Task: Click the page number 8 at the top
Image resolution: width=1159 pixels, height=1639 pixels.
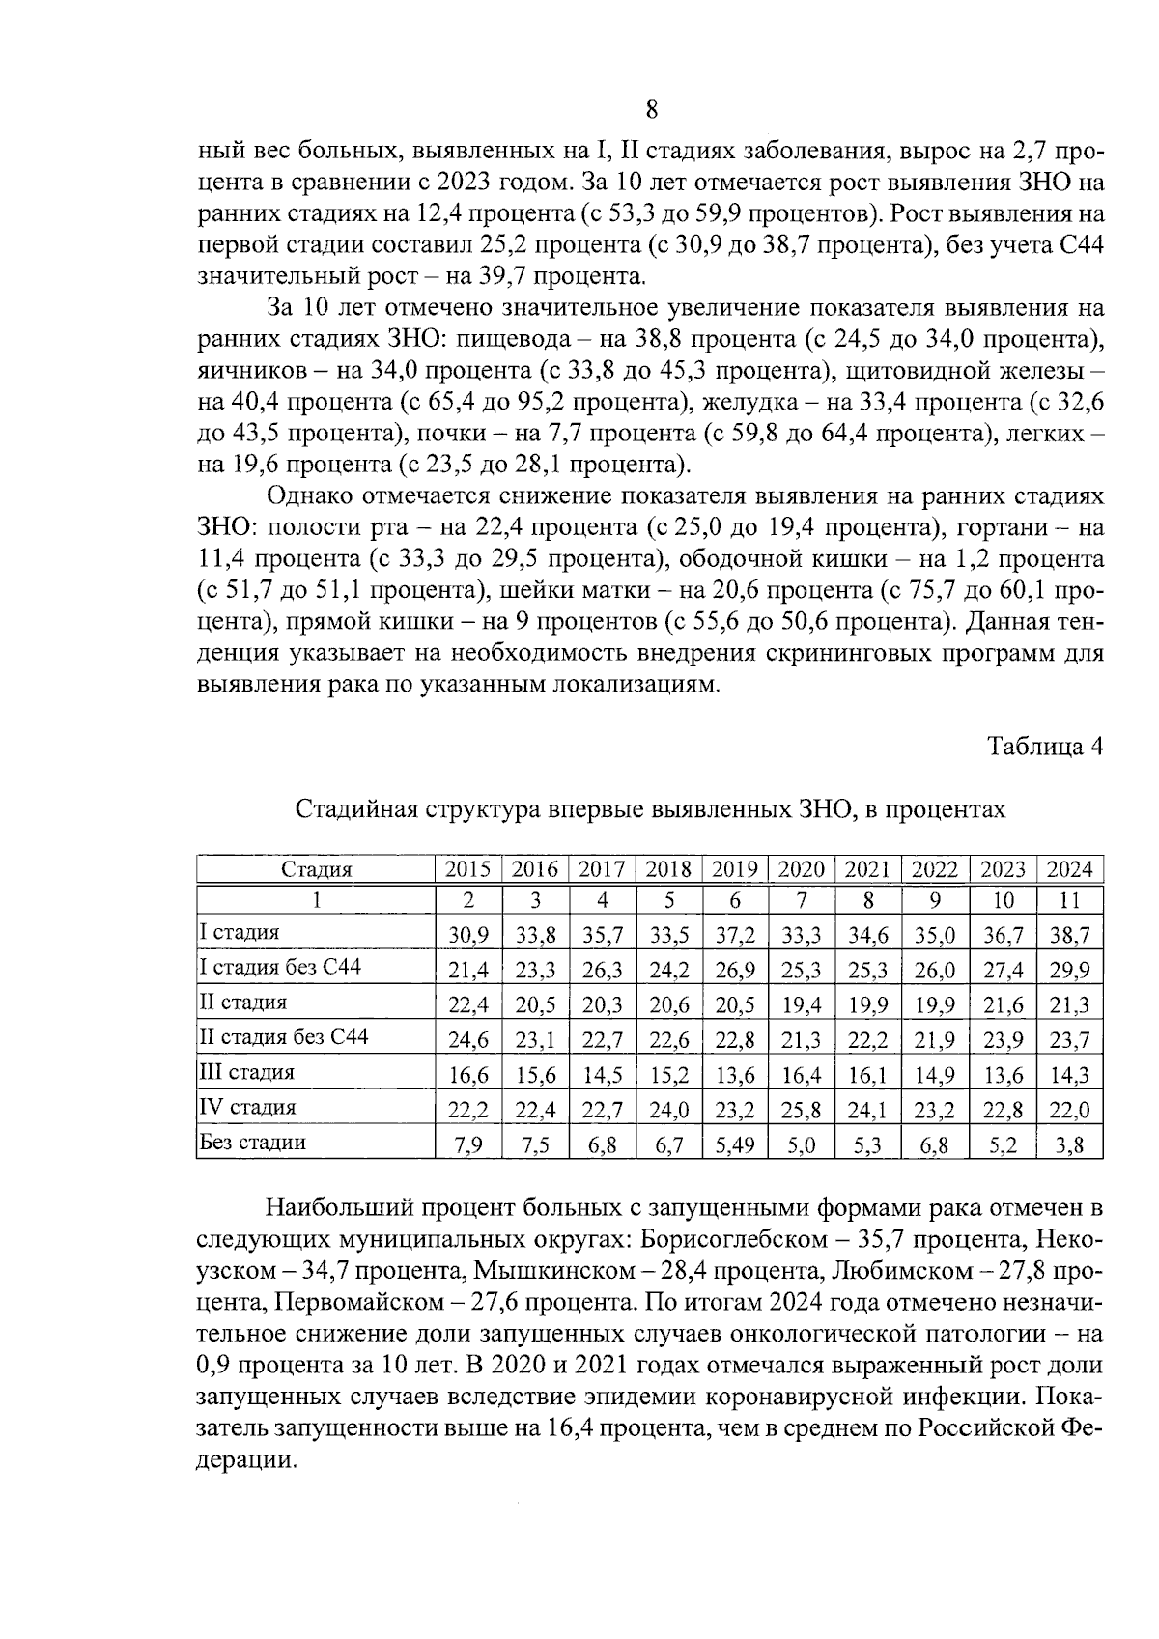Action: coord(651,109)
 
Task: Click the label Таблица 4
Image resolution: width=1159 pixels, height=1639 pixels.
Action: coord(1044,747)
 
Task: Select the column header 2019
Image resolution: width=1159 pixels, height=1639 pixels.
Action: coord(734,869)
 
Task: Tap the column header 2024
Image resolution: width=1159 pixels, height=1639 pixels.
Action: coord(1070,869)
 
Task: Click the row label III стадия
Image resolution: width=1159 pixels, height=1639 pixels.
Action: coord(247,1072)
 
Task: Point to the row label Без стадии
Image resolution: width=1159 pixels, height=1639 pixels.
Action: coord(252,1143)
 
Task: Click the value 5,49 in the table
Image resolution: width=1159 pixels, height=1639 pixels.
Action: coord(734,1145)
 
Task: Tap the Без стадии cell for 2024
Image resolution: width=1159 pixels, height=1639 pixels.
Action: coord(1070,1145)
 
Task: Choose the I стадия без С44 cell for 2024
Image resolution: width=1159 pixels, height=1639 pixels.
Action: coord(1070,970)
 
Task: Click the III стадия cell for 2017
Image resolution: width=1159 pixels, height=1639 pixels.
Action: coord(602,1075)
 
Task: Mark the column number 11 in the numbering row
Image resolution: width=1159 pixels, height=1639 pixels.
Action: coord(1070,900)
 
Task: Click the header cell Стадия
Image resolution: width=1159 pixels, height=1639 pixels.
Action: coord(316,869)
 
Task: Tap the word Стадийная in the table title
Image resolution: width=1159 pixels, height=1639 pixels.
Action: coord(351,809)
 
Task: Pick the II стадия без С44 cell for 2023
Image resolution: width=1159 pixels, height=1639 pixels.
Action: coord(1003,1040)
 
